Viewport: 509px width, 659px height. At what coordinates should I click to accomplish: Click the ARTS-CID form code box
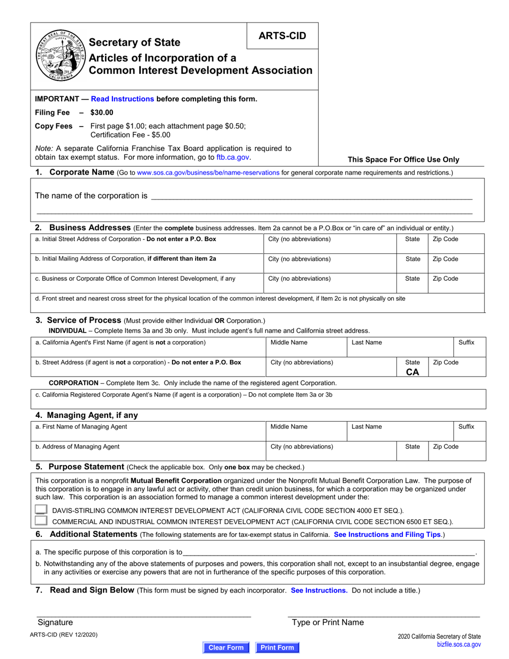click(x=282, y=36)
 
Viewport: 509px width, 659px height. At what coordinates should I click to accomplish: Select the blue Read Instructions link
click(x=123, y=99)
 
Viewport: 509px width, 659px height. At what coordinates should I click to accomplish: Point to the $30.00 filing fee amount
click(x=102, y=113)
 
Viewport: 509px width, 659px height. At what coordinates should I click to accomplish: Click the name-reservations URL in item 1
click(x=208, y=173)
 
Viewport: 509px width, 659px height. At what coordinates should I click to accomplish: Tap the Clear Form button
click(x=226, y=647)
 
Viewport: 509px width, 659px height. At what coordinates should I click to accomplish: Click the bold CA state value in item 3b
click(x=413, y=372)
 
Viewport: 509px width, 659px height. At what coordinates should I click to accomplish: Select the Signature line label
click(x=55, y=622)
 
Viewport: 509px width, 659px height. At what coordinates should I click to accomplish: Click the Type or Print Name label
click(x=327, y=622)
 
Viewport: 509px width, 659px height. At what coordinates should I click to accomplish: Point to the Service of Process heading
click(x=84, y=320)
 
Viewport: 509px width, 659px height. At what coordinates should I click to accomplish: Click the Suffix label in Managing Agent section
click(x=466, y=426)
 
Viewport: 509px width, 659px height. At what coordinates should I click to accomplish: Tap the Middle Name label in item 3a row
click(x=289, y=342)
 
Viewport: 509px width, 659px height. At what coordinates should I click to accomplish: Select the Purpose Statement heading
click(x=86, y=467)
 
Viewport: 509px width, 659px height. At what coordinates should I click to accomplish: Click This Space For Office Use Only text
click(x=403, y=159)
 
